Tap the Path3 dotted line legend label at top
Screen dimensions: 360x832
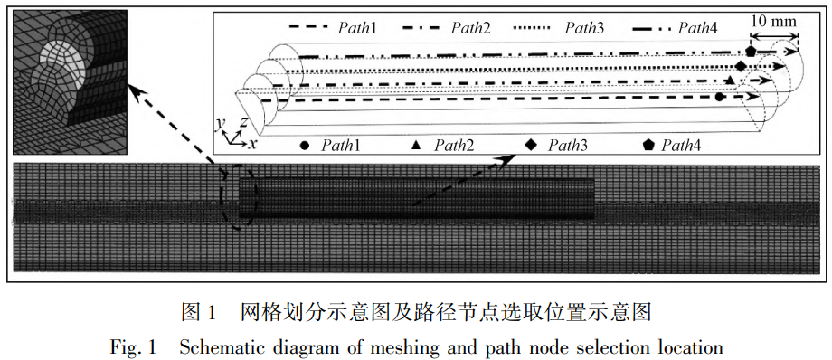click(x=586, y=29)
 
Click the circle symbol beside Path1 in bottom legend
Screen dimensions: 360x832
click(x=305, y=145)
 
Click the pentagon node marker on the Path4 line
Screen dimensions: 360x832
click(x=751, y=53)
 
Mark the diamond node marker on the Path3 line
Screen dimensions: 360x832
click(x=741, y=68)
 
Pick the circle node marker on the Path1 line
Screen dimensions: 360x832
click(x=719, y=96)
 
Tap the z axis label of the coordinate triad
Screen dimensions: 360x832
click(x=243, y=121)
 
